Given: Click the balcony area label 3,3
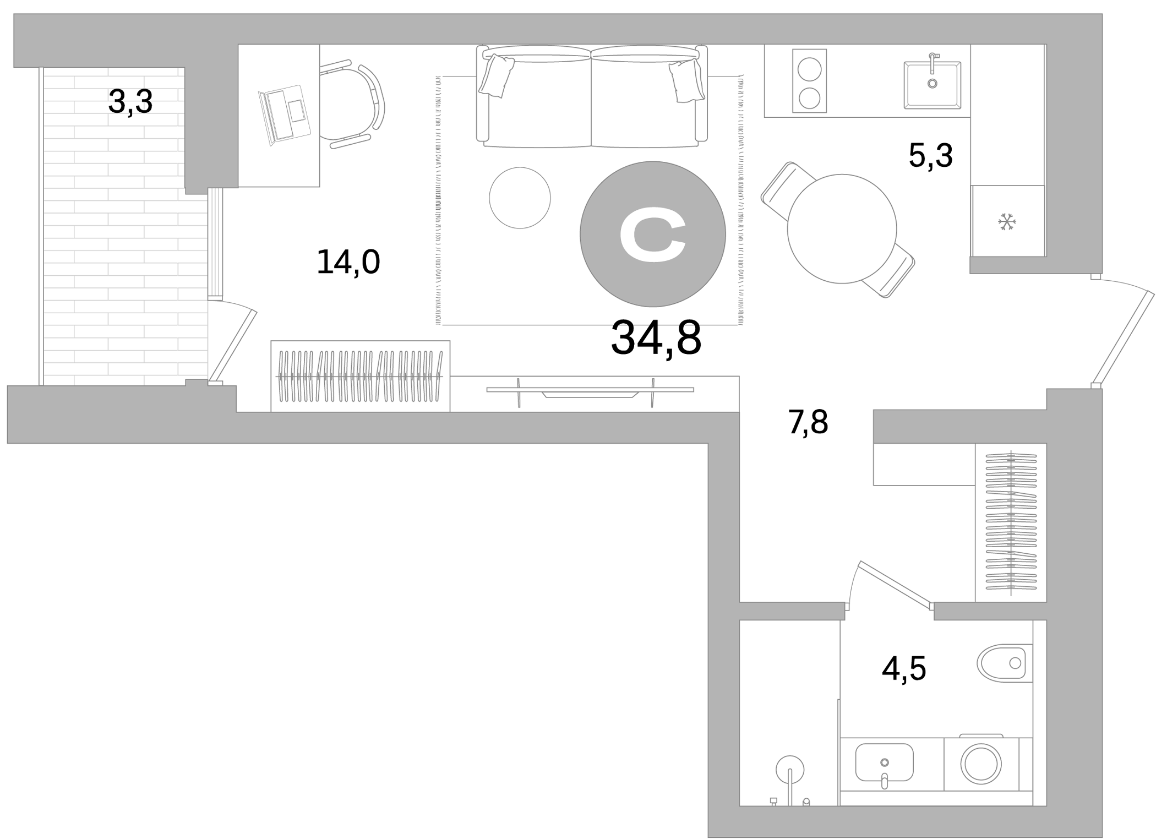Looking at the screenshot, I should tap(130, 102).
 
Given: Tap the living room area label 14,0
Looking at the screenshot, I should tap(348, 262).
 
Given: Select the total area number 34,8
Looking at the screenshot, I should tap(656, 338).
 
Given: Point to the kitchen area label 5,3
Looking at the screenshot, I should tap(930, 156).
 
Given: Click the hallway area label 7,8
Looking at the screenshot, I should tap(808, 422).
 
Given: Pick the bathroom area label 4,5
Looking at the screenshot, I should tap(904, 669).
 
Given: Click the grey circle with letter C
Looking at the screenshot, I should tap(652, 234).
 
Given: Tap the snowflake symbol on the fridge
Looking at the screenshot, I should tap(1006, 222).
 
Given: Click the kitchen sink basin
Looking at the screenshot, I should tap(932, 85).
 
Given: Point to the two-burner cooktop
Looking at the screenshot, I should tap(809, 81).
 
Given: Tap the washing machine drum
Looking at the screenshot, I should tap(981, 764).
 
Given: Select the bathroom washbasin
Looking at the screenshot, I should tap(884, 762).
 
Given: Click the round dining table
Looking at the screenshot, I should tap(842, 228).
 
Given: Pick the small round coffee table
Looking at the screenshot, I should tap(520, 198).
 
